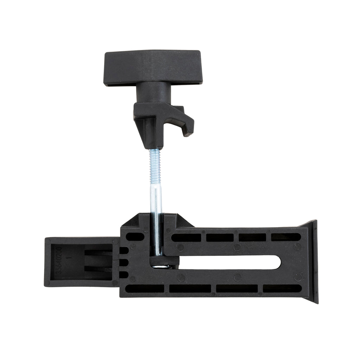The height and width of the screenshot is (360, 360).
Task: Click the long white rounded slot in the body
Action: coord(229,262)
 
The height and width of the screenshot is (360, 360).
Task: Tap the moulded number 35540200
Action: coord(59,260)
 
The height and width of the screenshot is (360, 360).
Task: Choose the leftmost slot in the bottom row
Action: coord(144,289)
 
